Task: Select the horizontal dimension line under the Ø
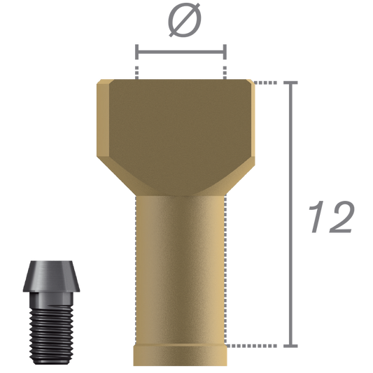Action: coord(181,52)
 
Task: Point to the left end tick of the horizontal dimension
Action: coord(136,52)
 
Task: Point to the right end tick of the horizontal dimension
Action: coord(225,52)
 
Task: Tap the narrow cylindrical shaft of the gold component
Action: coord(181,266)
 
